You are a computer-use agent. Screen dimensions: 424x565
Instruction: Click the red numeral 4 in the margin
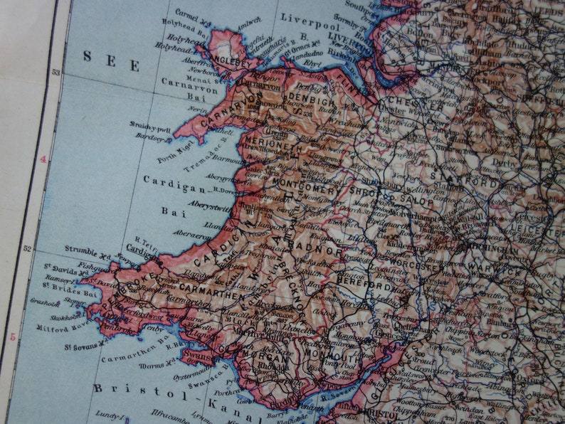(x=43, y=159)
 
